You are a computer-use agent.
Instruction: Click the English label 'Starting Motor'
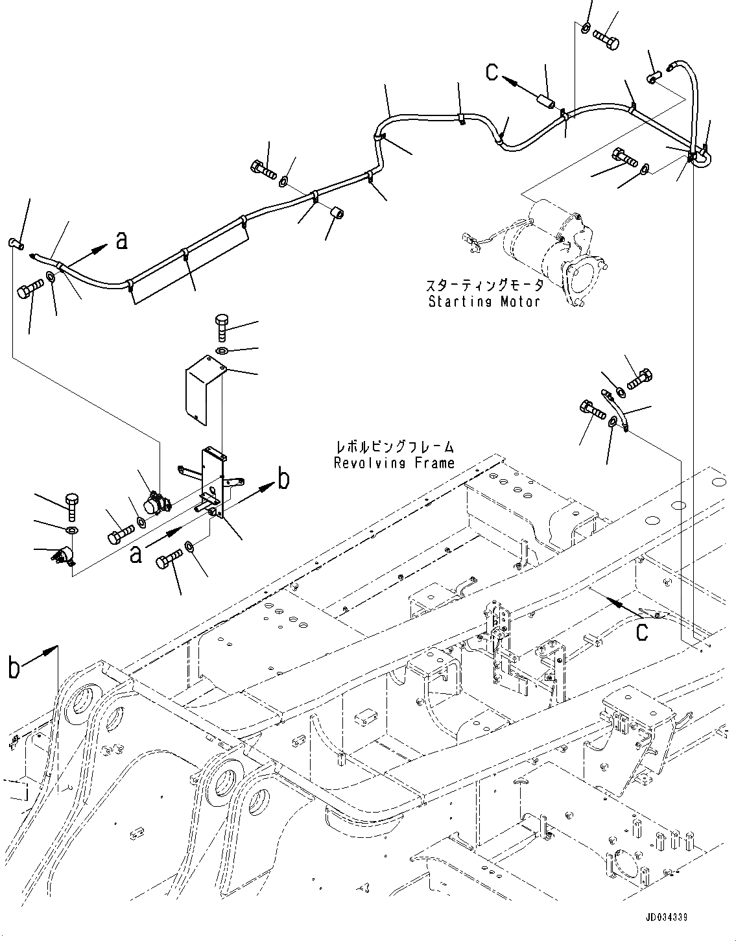click(x=484, y=302)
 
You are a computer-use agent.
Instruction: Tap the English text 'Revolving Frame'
click(x=394, y=462)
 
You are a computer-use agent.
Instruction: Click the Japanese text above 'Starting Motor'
click(x=484, y=286)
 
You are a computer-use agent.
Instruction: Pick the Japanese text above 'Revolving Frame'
click(x=394, y=447)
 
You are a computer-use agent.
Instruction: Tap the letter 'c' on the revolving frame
click(x=641, y=632)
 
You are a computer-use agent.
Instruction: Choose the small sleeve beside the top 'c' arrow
click(x=545, y=103)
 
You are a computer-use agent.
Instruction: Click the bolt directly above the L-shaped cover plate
click(x=221, y=326)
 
